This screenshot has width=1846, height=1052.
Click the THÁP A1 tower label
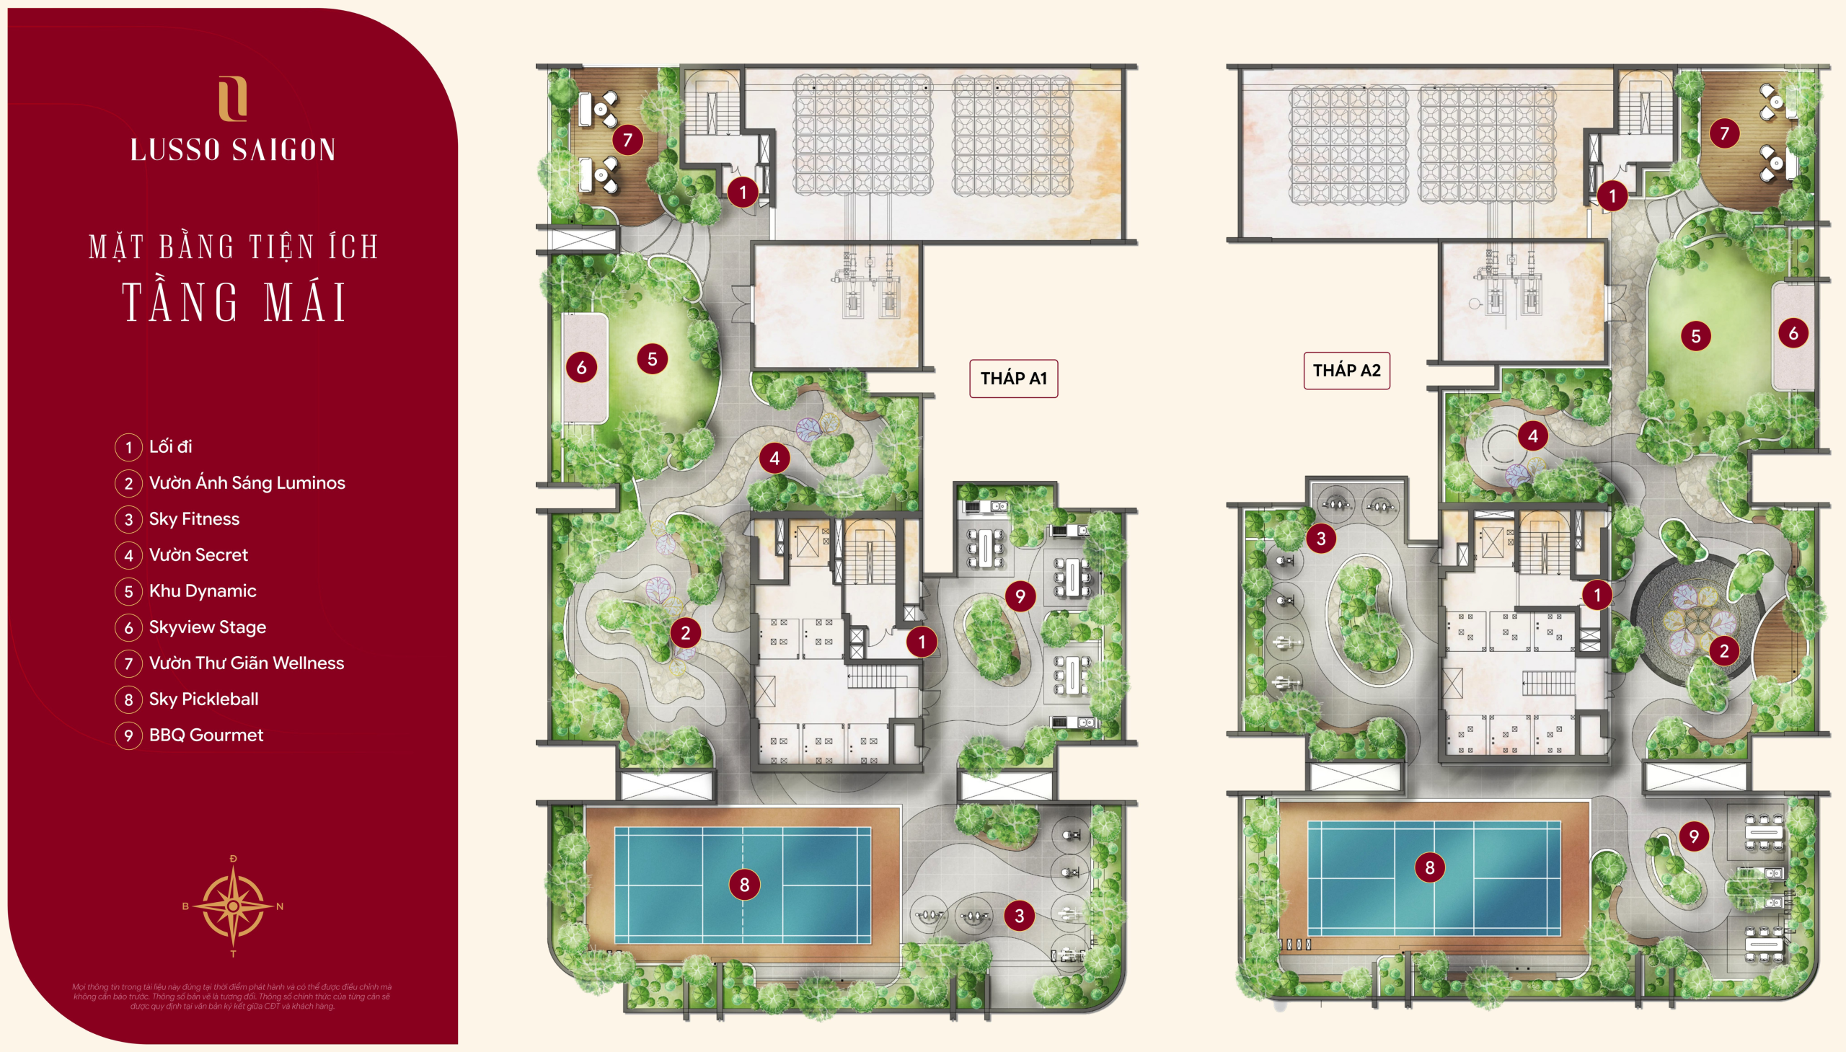[1013, 379]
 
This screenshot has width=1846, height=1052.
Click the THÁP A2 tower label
[1346, 371]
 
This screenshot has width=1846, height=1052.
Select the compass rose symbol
[233, 906]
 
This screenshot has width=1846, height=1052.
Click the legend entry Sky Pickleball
[203, 699]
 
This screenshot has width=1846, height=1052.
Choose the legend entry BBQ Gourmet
[206, 735]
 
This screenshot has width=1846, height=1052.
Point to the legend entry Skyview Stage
[207, 627]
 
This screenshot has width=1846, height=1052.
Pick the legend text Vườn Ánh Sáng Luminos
[247, 482]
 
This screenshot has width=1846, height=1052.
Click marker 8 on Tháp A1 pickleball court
[744, 885]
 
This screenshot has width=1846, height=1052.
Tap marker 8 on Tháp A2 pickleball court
[1429, 867]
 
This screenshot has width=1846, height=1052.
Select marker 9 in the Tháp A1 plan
[1020, 596]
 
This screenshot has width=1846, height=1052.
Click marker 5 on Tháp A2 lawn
[1695, 336]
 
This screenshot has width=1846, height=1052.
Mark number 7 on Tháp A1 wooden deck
[627, 139]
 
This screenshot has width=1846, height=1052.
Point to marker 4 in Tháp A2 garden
[1532, 436]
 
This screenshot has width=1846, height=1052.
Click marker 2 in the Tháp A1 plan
[685, 634]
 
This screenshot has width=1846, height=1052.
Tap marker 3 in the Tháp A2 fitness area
[1321, 539]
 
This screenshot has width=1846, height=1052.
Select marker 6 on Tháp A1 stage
[581, 368]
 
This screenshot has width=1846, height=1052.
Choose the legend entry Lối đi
[170, 446]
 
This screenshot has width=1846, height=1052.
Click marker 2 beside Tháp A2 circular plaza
[1723, 651]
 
